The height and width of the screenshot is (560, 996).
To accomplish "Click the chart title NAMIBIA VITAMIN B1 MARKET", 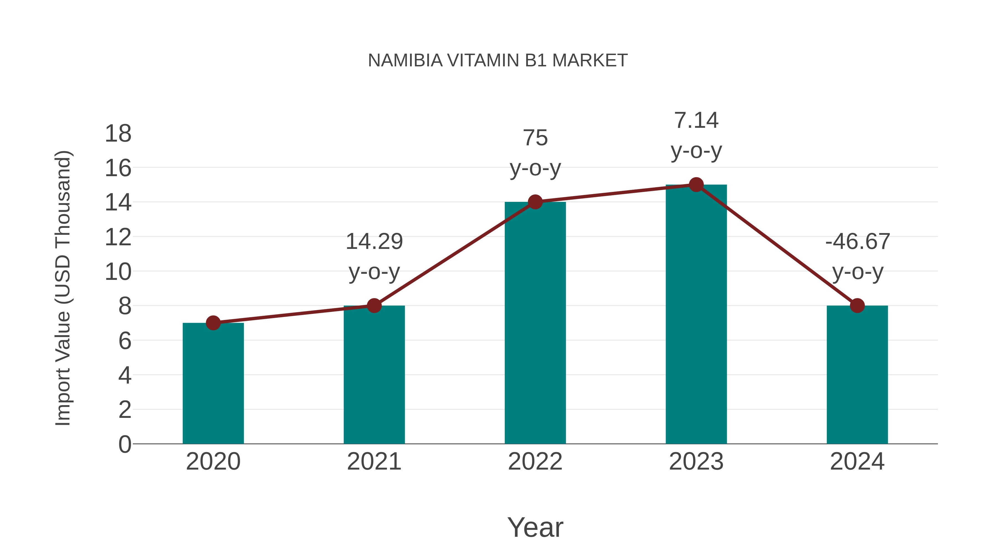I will pos(498,61).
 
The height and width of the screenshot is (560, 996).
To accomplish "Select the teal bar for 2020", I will pos(213,383).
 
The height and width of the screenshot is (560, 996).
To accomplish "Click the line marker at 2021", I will pos(374,306).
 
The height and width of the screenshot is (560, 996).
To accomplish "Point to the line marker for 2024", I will pos(857,306).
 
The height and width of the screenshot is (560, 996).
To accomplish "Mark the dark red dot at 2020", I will pos(213,323).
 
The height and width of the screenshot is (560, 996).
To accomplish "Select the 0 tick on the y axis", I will pos(124,444).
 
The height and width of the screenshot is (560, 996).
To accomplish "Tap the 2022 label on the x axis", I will pos(535,462).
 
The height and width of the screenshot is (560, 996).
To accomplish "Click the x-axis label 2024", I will pos(857,462).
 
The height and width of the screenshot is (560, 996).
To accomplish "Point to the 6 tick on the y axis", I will pos(124,341).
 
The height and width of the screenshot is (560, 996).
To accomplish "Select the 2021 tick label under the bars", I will pos(374,462).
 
